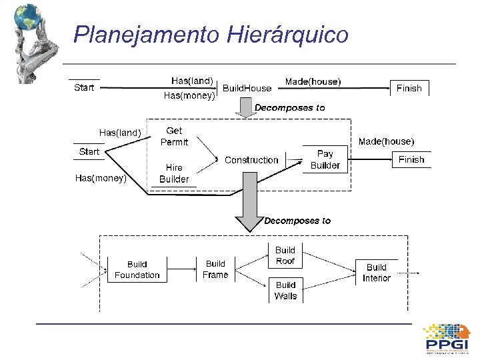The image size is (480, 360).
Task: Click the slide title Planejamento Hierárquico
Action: click(211, 34)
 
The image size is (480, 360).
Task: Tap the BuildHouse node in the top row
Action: click(247, 88)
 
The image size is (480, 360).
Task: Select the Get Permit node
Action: click(174, 137)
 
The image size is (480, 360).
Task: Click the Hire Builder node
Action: click(174, 173)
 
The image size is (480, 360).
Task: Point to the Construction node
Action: click(251, 160)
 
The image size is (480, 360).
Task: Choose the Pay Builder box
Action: click(325, 159)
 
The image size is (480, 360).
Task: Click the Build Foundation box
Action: click(137, 269)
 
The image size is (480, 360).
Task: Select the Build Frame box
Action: click(215, 269)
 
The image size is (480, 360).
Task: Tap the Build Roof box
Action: click(285, 255)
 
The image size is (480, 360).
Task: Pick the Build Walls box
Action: click(285, 290)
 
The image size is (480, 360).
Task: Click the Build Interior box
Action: click(377, 273)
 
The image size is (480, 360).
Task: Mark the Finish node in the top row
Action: click(409, 88)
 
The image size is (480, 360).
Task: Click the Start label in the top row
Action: click(84, 87)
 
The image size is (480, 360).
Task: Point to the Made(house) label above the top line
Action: click(313, 81)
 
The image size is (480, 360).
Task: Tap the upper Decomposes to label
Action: click(290, 107)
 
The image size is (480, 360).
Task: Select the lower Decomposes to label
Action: click(297, 221)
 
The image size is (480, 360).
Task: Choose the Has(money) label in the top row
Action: click(189, 95)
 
